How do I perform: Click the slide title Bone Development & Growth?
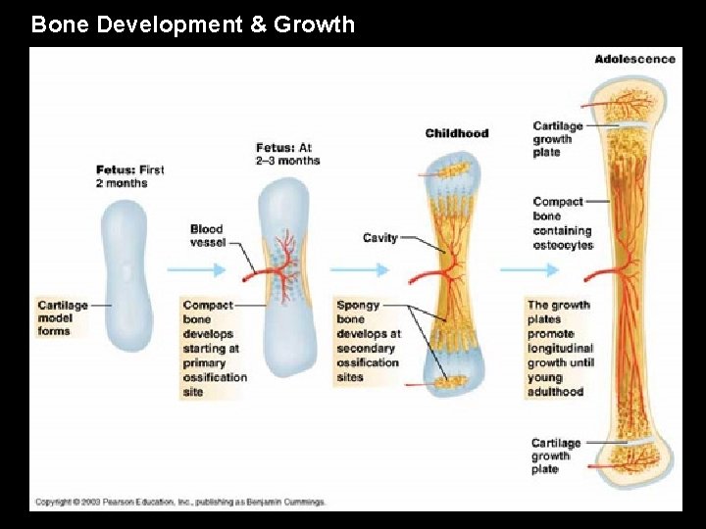(193, 24)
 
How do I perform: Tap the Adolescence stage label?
(634, 59)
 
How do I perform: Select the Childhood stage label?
(456, 133)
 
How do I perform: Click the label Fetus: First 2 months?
(129, 176)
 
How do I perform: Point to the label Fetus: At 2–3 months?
(288, 154)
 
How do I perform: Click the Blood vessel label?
(207, 236)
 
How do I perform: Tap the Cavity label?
(379, 238)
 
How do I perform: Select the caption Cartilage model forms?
(63, 317)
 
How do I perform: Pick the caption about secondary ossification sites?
(369, 341)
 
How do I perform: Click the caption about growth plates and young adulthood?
(561, 348)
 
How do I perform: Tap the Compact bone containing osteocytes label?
(563, 223)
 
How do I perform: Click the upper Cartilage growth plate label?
(557, 139)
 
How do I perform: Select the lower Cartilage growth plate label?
(557, 456)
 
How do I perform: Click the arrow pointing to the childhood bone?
(360, 269)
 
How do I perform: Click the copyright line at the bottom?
(180, 502)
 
